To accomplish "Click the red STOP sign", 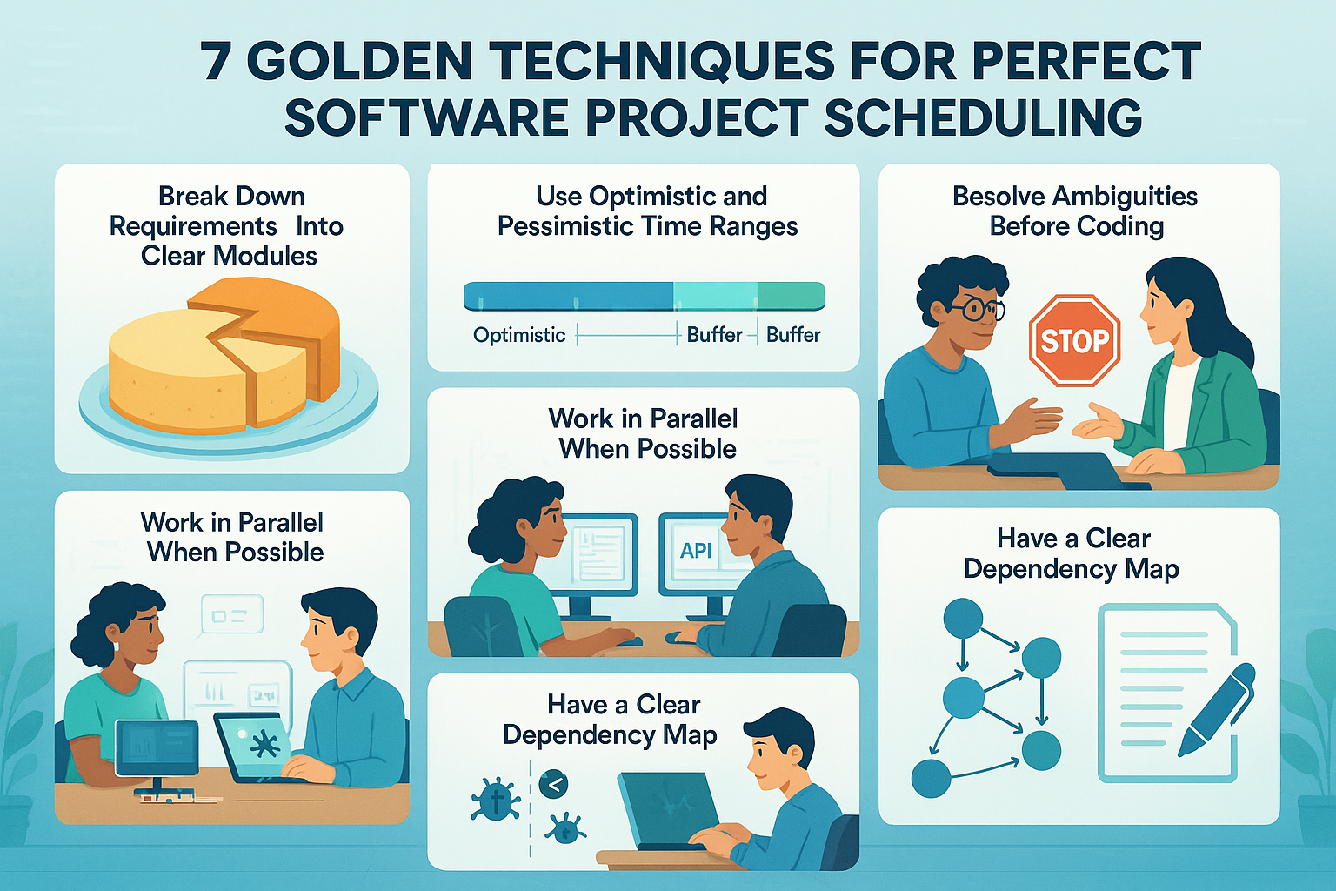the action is click(1074, 340).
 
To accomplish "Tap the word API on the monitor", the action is click(696, 550).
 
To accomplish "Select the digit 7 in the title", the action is click(217, 62).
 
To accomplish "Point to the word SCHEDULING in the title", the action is click(983, 117).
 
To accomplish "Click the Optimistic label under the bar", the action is click(519, 335).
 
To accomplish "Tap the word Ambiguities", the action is click(1126, 197).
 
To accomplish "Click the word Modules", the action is click(264, 256).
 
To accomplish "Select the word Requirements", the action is click(193, 227).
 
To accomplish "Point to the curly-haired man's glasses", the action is click(976, 310).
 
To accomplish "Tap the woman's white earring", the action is click(117, 646).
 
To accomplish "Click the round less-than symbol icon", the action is click(553, 785).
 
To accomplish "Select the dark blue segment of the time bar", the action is click(568, 296).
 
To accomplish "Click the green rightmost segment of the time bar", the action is click(791, 296).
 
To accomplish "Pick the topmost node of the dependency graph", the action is click(963, 619).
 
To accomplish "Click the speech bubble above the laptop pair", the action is click(232, 614).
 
